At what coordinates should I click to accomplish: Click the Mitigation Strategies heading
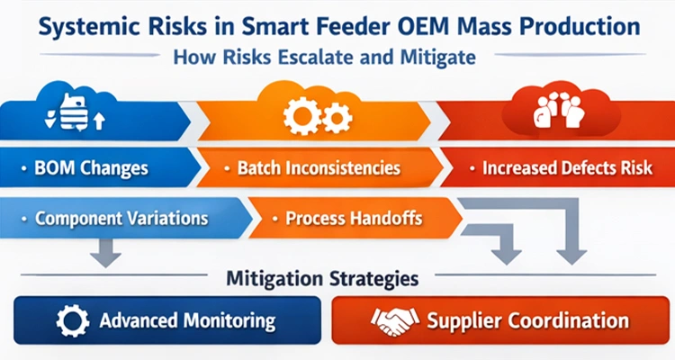(336, 279)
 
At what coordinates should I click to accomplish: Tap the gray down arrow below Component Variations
(105, 251)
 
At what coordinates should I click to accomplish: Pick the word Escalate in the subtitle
(338, 56)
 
